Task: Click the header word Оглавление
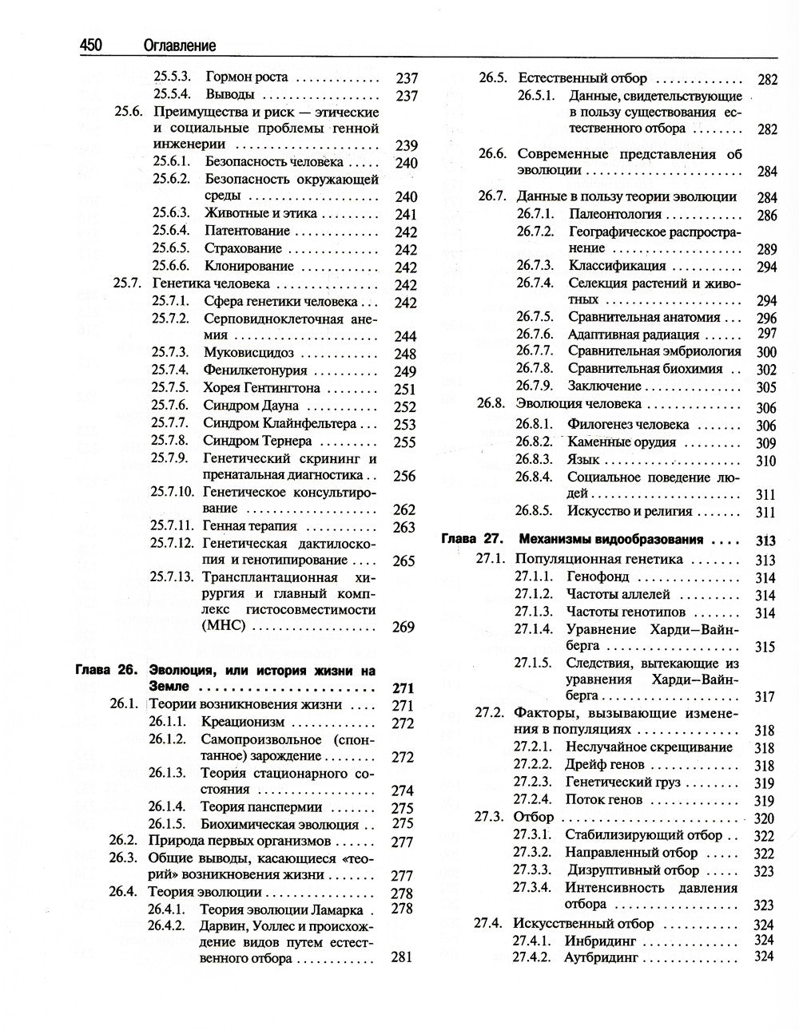coord(180,46)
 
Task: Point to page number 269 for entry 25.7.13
coord(404,628)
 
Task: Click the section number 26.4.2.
coord(167,926)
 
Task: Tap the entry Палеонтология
coord(615,215)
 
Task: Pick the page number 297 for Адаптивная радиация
coord(766,334)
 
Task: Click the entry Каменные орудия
coord(622,442)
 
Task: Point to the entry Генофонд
coord(597,576)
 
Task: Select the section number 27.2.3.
coord(533,782)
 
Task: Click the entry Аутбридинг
coord(601,957)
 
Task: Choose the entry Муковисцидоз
coord(248,353)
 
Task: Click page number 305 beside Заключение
coord(766,387)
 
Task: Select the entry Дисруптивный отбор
coord(633,870)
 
